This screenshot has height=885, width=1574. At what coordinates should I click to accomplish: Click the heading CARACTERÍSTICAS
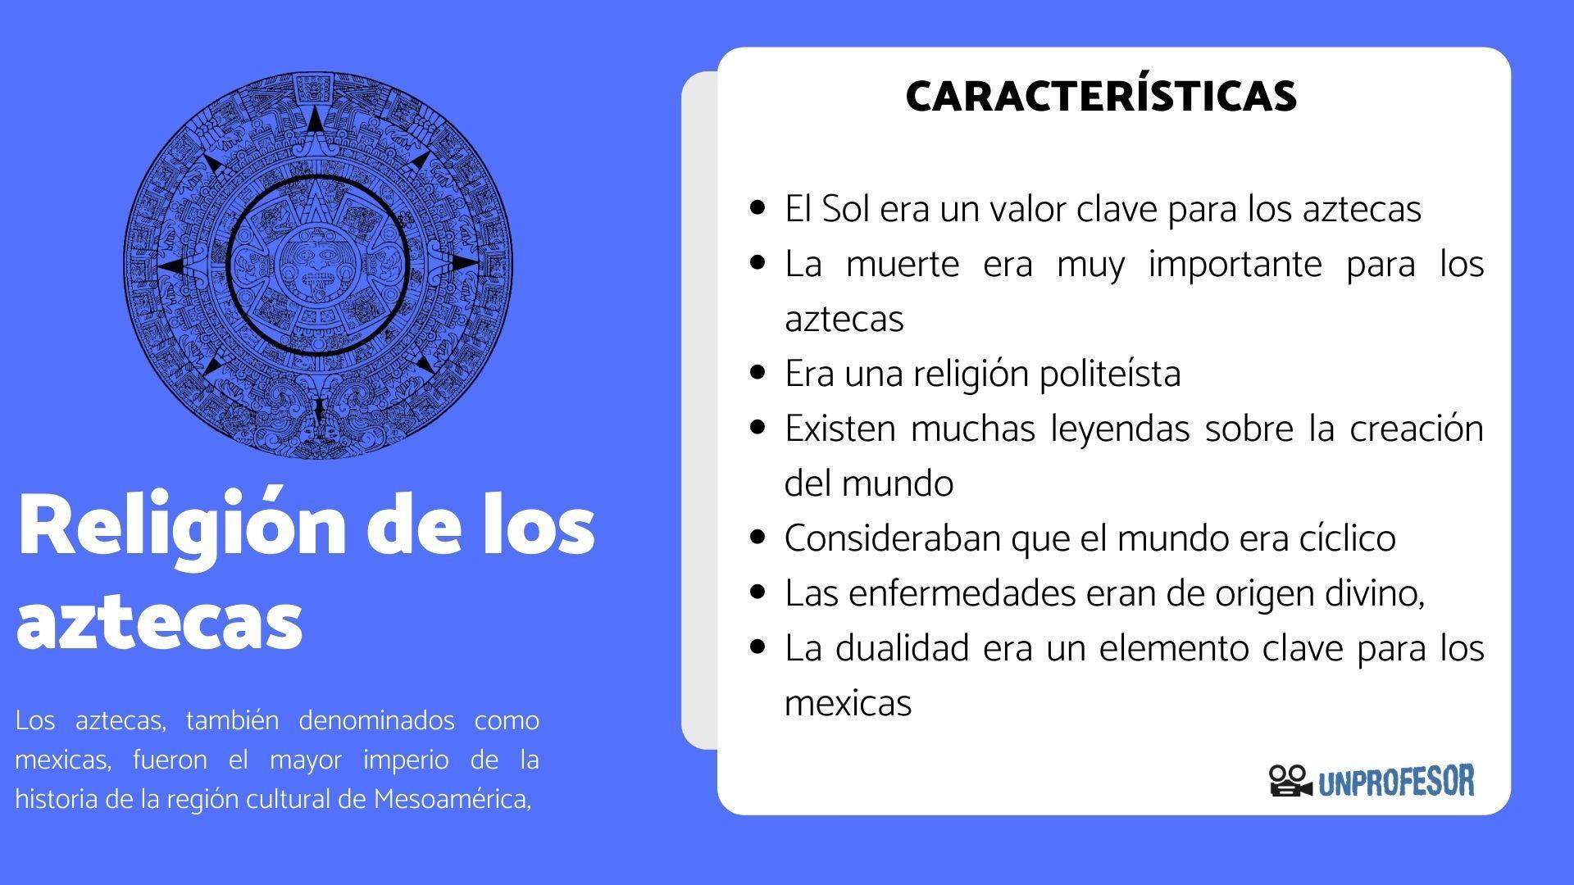1101,96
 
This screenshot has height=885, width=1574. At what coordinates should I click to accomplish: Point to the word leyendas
1120,429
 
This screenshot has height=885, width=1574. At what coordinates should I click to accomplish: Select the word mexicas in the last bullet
848,703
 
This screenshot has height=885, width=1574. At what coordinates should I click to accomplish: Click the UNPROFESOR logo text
1396,781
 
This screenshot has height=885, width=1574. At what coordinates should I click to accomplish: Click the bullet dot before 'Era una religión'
758,373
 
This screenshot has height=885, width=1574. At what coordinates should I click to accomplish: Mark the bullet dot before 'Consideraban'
758,538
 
